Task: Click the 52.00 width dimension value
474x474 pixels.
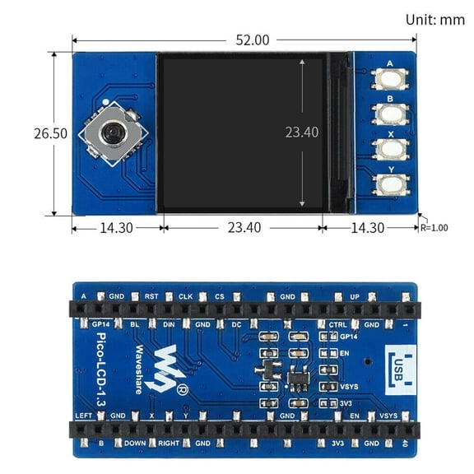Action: tap(253, 39)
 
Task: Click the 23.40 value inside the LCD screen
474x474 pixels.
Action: tap(301, 132)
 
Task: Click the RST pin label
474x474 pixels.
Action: tap(151, 295)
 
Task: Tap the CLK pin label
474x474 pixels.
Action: tap(185, 295)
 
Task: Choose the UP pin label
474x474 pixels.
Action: tap(355, 295)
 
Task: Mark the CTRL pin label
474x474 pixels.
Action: tap(337, 325)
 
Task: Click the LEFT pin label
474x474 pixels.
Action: tap(83, 416)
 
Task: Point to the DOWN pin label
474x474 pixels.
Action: tap(136, 443)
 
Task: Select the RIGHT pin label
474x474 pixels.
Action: tap(170, 443)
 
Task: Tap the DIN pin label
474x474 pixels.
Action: tap(168, 325)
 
